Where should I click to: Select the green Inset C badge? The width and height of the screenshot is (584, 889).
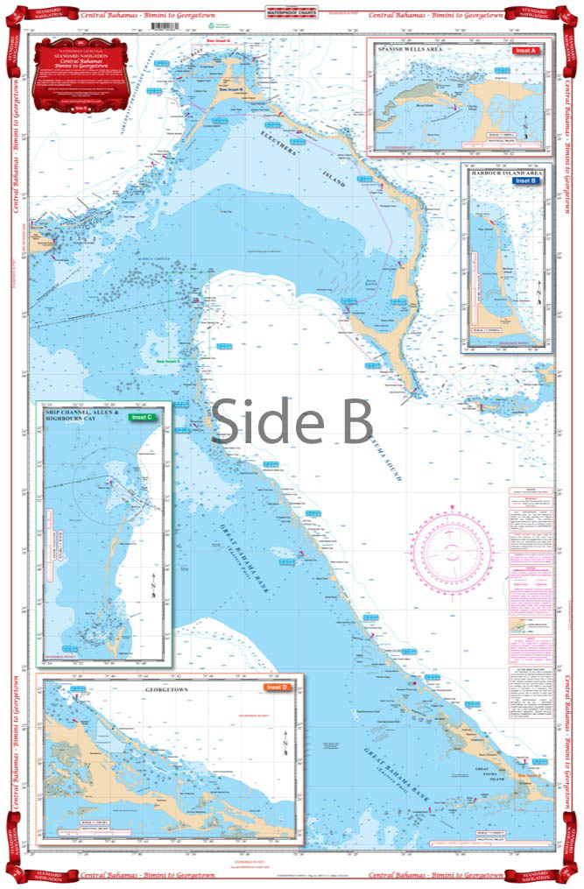141,417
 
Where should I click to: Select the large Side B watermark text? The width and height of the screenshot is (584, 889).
292,420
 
